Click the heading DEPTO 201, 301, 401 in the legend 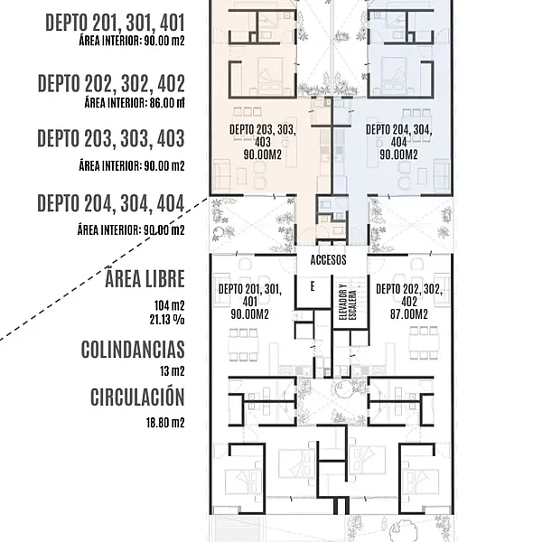pos(115,23)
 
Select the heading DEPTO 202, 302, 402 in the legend pos(111,83)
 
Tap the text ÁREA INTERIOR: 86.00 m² pos(135,103)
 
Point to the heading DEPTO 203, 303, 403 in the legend pos(111,138)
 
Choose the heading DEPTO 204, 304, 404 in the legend pos(111,203)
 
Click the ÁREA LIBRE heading pos(145,278)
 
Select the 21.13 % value pos(167,320)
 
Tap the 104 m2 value pos(170,305)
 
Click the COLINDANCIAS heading pos(133,350)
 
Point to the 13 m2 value pos(173,371)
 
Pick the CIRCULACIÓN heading pos(137,397)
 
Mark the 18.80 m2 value pos(165,423)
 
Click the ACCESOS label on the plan pos(329,260)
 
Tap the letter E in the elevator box pos(313,286)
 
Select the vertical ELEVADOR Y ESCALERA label pos(348,302)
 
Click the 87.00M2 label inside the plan pos(409,314)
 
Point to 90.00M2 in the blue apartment pos(399,154)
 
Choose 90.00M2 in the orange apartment pos(263,154)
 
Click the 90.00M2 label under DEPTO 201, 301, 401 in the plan pos(250,314)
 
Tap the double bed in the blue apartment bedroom pos(393,75)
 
